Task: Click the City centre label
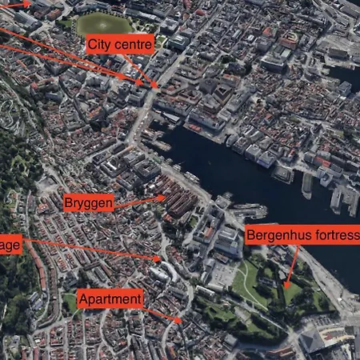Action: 119,44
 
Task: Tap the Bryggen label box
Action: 88,202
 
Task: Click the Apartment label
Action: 110,299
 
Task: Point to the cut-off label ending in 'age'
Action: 10,245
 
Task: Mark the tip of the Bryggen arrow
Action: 164,197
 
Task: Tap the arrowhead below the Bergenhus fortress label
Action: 286,285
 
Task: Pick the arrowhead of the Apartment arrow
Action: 181,322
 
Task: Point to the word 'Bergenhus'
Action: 274,236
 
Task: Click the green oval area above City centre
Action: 106,24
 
